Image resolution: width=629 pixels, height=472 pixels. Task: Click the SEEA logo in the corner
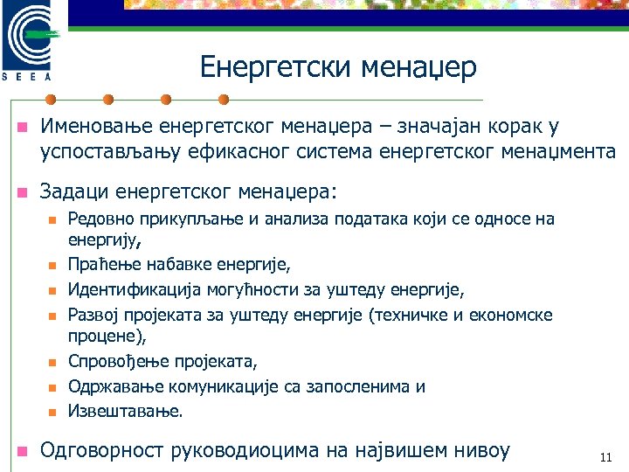coord(32,41)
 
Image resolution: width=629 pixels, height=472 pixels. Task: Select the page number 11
coord(605,457)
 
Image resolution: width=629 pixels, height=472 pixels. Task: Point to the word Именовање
coord(93,128)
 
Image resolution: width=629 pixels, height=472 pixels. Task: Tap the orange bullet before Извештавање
coord(52,411)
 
